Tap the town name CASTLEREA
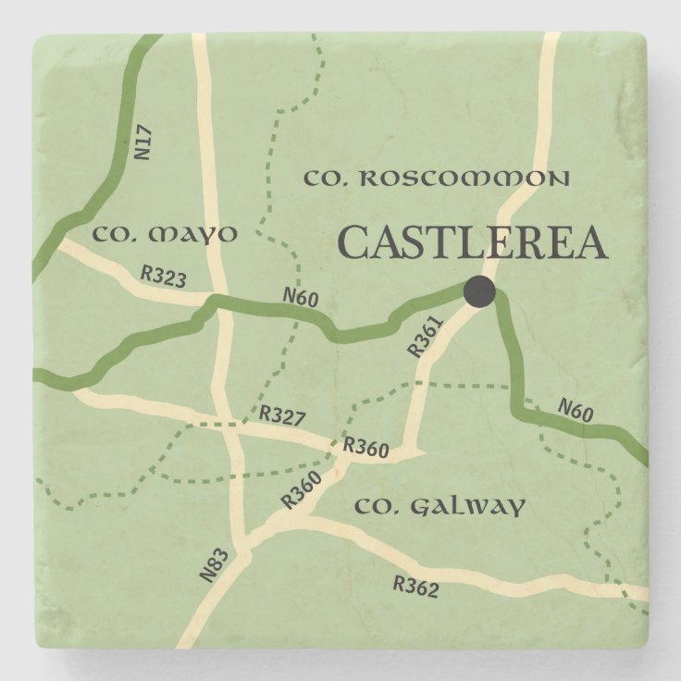point(472,244)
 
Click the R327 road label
point(282,415)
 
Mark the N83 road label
point(212,563)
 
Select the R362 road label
point(415,586)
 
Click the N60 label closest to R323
point(301,298)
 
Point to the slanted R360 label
point(301,489)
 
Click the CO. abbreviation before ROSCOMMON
point(325,178)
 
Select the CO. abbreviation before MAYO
point(115,234)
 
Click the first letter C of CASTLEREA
point(353,244)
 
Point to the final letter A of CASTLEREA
point(589,244)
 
